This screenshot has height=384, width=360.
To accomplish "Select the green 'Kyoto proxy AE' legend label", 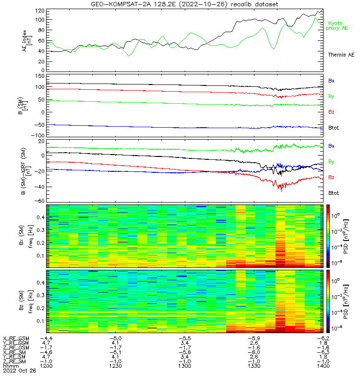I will point(338,25).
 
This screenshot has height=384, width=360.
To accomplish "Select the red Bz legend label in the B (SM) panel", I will point(331,112).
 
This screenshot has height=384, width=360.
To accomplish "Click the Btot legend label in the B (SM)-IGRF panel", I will point(333,193).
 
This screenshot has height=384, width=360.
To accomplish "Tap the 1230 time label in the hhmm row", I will point(117,366).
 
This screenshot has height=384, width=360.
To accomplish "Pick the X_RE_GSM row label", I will point(16,338).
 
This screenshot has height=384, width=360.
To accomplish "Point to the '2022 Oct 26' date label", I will point(17,371).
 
